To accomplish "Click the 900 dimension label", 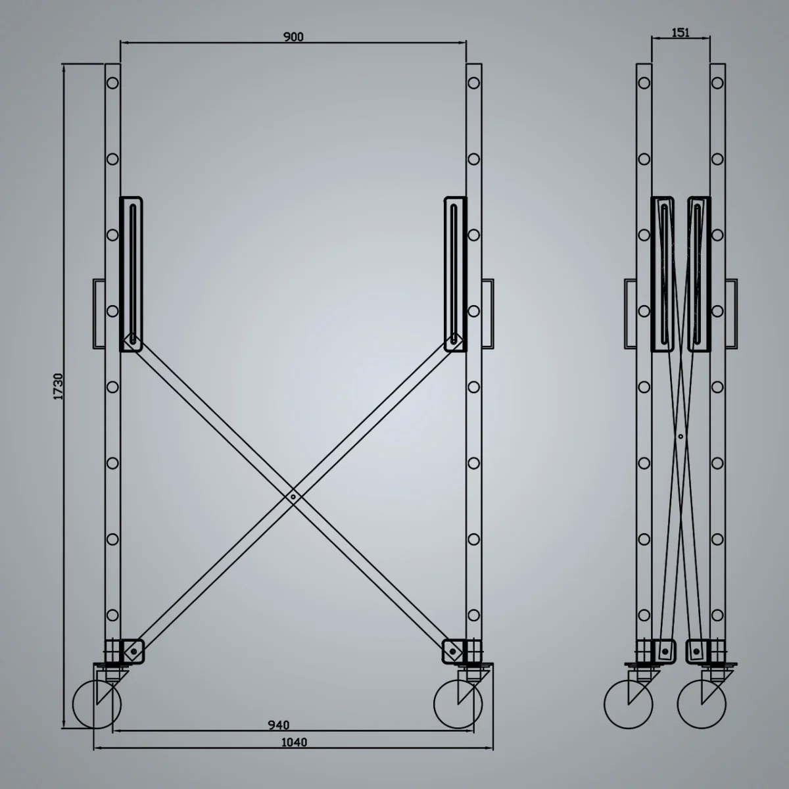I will [293, 37].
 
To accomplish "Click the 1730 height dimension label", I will [58, 387].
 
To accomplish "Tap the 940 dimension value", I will [279, 725].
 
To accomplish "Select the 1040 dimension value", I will [293, 742].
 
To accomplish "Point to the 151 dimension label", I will [681, 32].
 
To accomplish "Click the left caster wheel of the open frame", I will [97, 704].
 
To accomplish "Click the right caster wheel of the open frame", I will [459, 704].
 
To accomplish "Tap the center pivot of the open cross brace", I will [293, 498].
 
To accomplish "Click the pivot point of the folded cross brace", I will [681, 435].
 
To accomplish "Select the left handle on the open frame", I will [97, 313].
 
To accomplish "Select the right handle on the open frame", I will [488, 313].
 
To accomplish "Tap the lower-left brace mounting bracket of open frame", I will [133, 650].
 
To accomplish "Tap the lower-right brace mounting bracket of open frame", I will [453, 650].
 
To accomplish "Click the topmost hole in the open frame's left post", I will [113, 84].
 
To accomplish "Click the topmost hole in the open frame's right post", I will [473, 84].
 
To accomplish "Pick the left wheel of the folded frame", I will [629, 704].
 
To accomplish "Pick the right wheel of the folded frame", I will [702, 704].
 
